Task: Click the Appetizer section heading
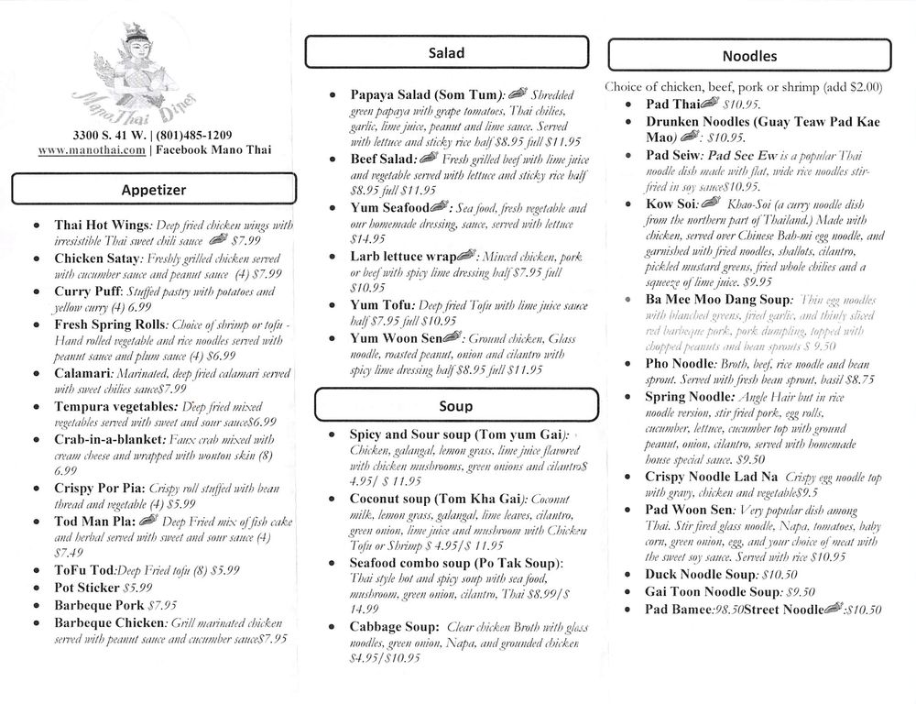tap(153, 190)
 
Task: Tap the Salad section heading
tap(446, 53)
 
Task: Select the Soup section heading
tap(455, 405)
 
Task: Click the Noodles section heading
tap(748, 56)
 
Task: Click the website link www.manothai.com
tap(93, 148)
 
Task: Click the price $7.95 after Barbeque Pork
tap(163, 605)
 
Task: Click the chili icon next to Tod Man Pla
tap(149, 522)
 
